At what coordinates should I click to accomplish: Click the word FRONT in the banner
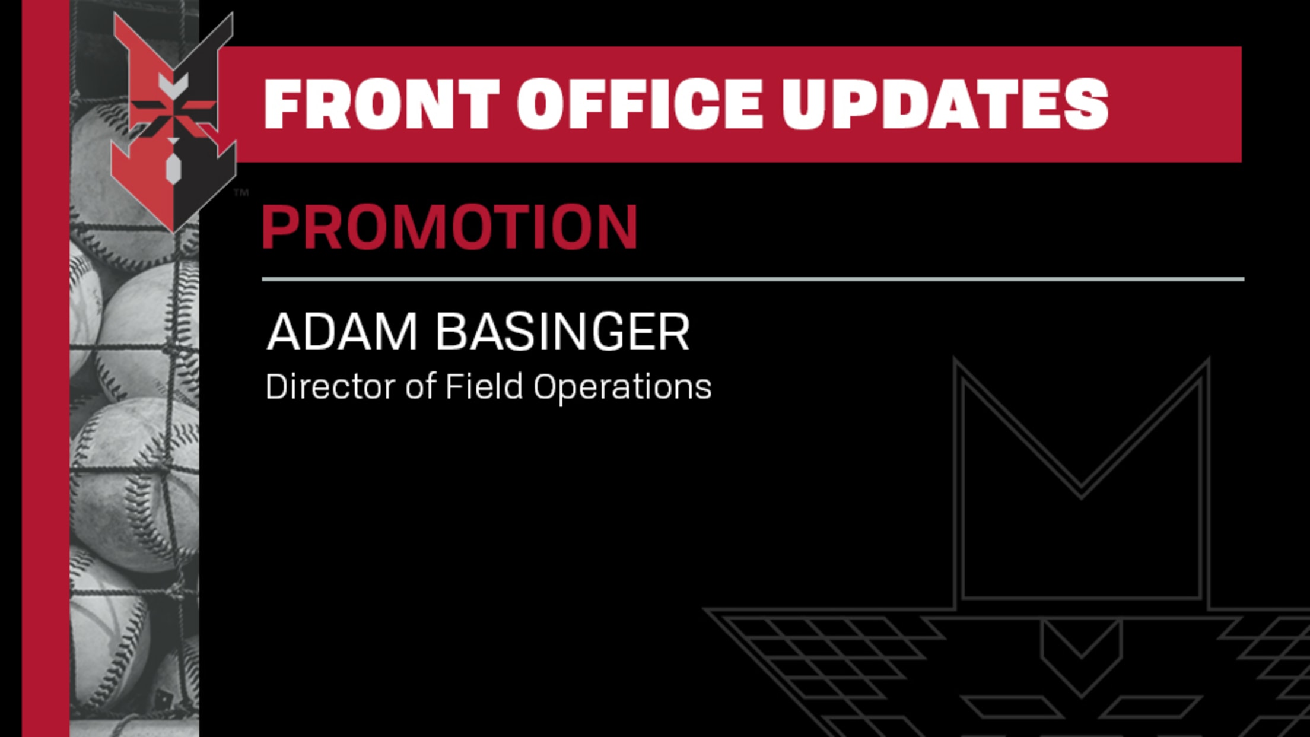[x=381, y=104]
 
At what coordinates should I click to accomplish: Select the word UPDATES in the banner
[x=945, y=104]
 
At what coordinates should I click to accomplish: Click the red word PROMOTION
[x=450, y=226]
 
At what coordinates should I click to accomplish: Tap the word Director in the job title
[x=330, y=386]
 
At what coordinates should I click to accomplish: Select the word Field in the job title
[x=484, y=386]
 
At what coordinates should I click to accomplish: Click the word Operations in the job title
[x=622, y=388]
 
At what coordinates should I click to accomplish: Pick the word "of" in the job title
[x=421, y=386]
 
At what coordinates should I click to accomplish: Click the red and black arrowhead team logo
[x=173, y=122]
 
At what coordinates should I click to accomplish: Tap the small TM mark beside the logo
[x=241, y=192]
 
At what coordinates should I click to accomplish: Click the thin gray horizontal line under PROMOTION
[x=753, y=279]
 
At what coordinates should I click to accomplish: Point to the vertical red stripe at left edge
[x=46, y=368]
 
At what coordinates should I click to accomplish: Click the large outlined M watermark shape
[x=1081, y=481]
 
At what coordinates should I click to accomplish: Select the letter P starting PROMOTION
[x=282, y=226]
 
